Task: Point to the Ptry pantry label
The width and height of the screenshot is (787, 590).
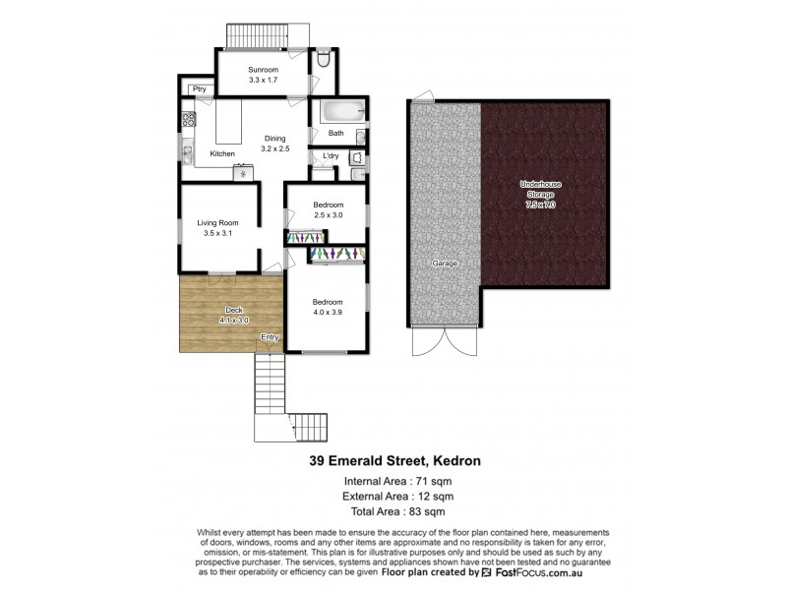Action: pos(199,89)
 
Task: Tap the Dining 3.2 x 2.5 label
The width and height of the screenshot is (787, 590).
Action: pos(274,144)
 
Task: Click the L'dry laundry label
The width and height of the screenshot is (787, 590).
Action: pos(331,156)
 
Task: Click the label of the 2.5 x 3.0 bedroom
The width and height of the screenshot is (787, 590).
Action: pos(326,209)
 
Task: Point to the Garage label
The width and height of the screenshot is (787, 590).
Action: pos(444,265)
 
